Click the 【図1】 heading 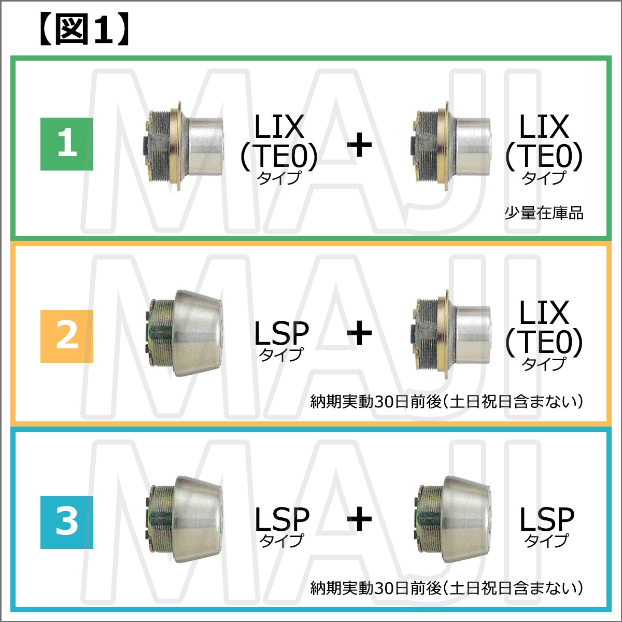click(x=84, y=30)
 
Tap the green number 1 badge click(x=67, y=144)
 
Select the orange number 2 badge click(x=67, y=336)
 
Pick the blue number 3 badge click(x=67, y=522)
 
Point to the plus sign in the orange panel click(x=359, y=332)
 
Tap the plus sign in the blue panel click(x=359, y=519)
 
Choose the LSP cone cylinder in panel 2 click(x=183, y=333)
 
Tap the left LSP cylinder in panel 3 click(x=183, y=520)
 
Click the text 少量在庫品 click(x=544, y=214)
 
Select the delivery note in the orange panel click(x=447, y=402)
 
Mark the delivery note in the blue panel click(x=447, y=588)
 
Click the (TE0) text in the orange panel click(x=544, y=342)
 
